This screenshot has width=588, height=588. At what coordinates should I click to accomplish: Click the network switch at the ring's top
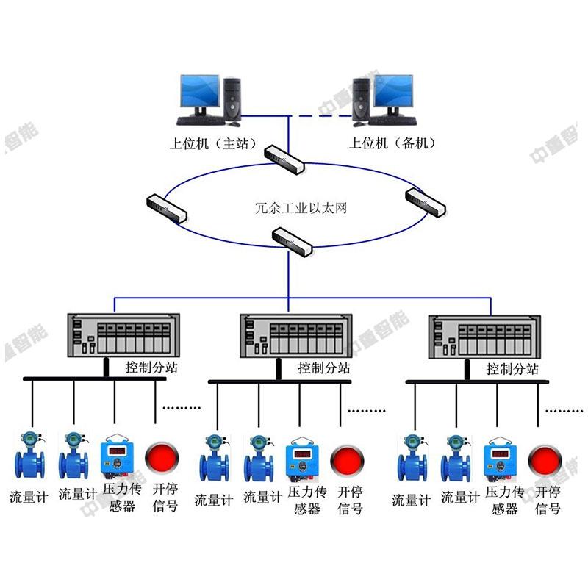[284, 157]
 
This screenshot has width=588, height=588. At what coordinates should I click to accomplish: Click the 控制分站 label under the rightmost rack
[512, 368]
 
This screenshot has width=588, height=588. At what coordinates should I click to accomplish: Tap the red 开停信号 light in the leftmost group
[160, 456]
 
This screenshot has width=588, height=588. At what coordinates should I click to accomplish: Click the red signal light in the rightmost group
[545, 460]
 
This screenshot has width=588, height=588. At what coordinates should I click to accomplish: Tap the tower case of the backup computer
[362, 98]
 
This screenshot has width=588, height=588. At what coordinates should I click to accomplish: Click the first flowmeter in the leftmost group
[29, 456]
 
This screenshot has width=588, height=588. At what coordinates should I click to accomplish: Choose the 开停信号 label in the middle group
[350, 500]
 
